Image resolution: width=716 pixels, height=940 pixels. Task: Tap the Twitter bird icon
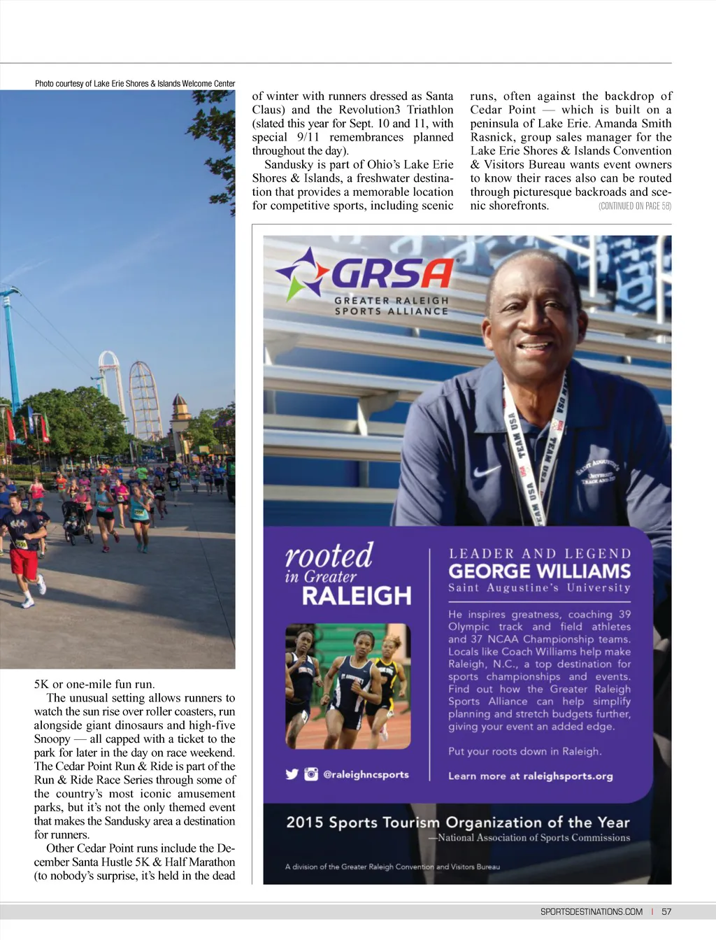click(292, 774)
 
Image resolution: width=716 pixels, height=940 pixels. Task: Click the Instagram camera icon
click(311, 774)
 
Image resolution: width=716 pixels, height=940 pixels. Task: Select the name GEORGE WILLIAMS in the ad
click(539, 571)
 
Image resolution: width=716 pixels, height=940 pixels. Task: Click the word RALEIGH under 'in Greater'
click(357, 596)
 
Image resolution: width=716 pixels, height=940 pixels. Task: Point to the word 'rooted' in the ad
click(329, 556)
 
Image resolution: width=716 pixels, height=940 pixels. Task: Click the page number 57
click(666, 911)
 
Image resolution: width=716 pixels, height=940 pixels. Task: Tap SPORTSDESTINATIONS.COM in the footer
click(591, 911)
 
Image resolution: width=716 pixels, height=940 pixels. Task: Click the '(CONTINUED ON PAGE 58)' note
click(634, 206)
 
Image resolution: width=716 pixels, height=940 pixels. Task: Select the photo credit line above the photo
click(135, 83)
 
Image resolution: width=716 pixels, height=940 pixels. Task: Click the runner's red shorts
click(24, 563)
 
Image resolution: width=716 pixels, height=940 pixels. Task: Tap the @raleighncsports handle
click(366, 774)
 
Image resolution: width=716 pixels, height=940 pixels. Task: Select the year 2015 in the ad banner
click(304, 822)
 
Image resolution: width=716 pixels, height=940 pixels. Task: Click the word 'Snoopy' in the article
click(52, 739)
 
